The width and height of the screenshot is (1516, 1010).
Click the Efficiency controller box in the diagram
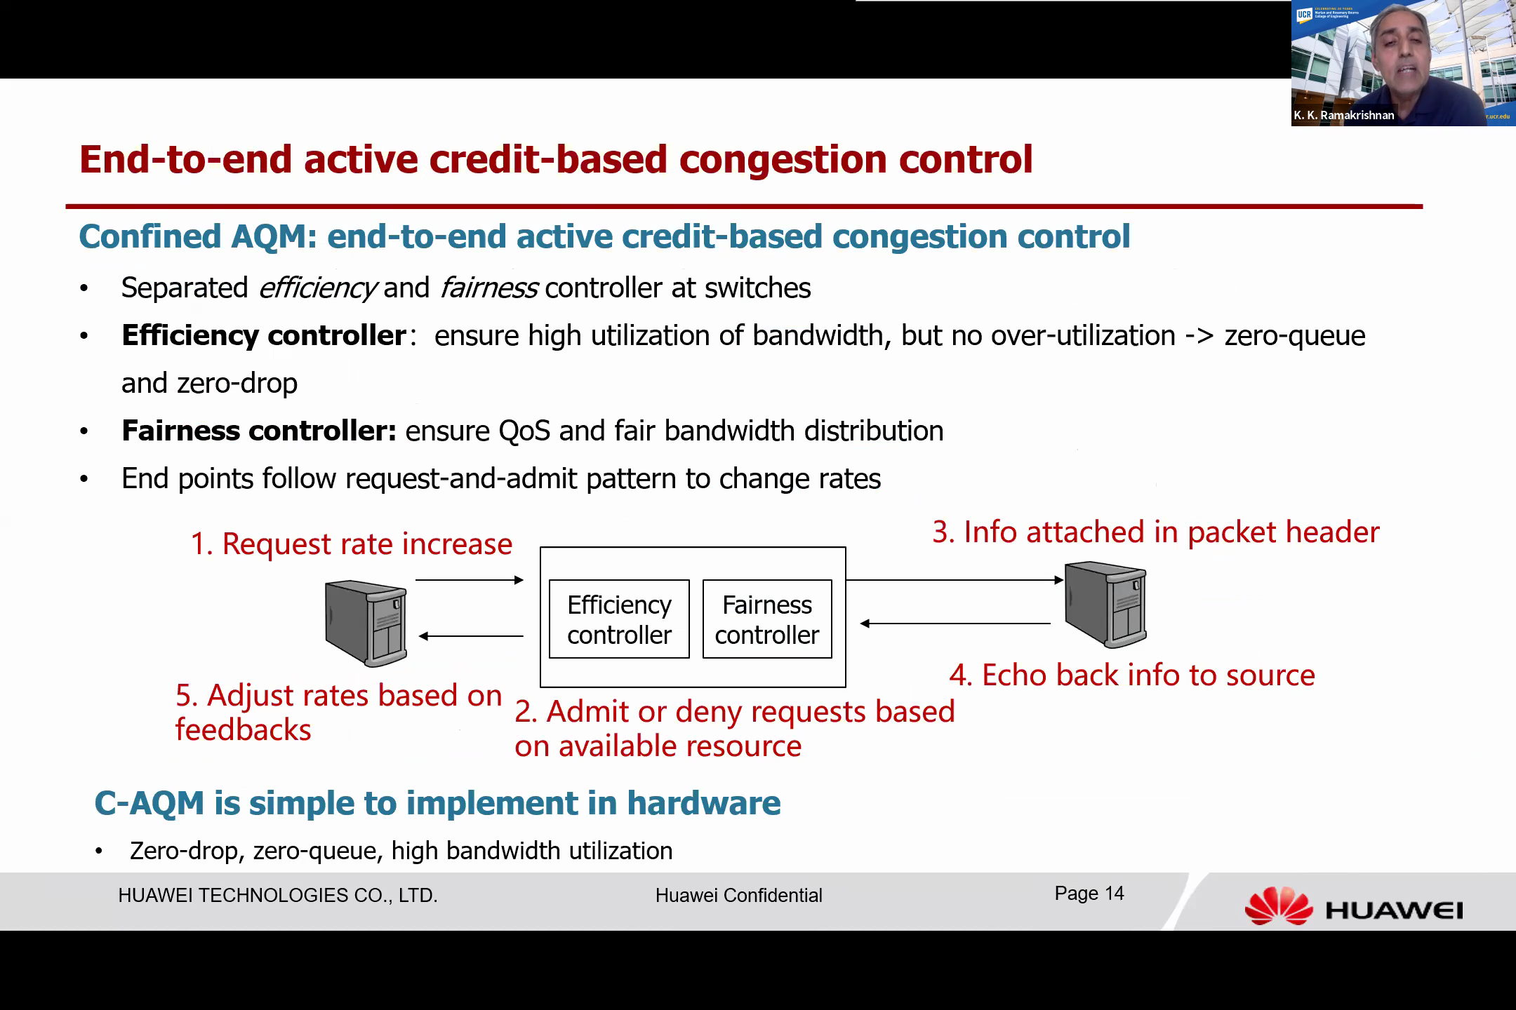(619, 619)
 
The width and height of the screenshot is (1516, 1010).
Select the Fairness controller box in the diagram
(767, 619)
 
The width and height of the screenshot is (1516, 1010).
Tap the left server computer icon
(366, 623)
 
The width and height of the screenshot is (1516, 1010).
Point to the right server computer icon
(1105, 604)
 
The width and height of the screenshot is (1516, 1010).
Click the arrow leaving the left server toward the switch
(470, 580)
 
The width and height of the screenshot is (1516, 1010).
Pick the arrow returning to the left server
(471, 636)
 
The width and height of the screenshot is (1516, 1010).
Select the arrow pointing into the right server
(955, 580)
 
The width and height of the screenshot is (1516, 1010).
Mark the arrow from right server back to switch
(955, 623)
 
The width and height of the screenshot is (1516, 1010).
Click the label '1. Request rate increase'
(352, 544)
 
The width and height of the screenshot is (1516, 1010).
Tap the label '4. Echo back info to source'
(1132, 675)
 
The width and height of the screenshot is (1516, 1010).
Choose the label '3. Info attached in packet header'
(1156, 532)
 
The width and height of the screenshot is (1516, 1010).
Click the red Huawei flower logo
(1278, 906)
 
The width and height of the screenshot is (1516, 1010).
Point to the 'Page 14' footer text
(1089, 894)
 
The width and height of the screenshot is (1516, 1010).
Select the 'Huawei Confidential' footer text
(739, 896)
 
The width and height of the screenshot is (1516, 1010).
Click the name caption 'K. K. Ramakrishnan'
(1344, 115)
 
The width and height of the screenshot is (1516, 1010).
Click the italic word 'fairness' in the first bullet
(489, 288)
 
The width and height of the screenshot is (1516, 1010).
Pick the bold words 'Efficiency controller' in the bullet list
(264, 335)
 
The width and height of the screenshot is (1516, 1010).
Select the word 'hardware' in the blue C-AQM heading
(703, 803)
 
